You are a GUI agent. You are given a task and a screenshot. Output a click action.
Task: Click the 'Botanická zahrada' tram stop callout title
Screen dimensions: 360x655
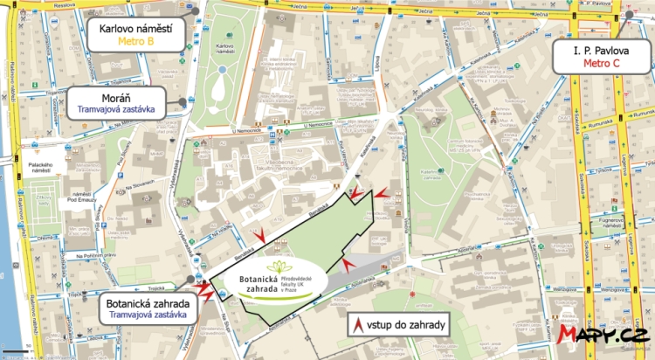pyautogui.click(x=146, y=304)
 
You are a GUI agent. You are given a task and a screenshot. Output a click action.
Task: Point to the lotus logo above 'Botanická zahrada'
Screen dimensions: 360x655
pyautogui.click(x=279, y=267)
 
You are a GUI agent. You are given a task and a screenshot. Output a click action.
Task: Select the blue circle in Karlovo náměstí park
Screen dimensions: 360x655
pyautogui.click(x=224, y=68)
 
